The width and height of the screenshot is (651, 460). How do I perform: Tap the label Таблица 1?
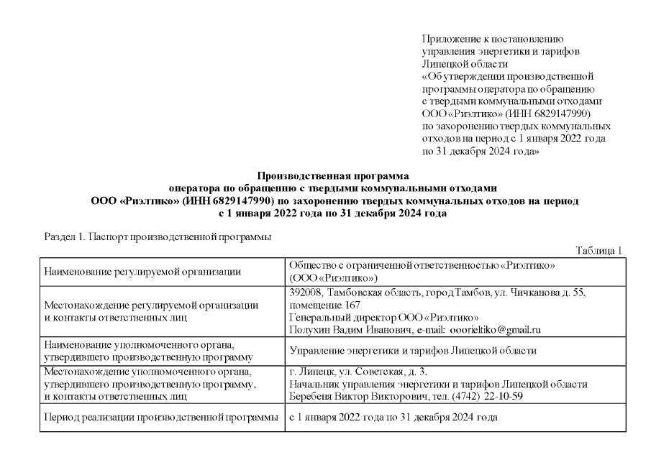(x=600, y=250)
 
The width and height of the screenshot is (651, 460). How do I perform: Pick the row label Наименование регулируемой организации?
(x=142, y=272)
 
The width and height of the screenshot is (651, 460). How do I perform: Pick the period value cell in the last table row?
(x=392, y=418)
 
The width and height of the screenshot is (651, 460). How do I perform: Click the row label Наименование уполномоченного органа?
(x=140, y=344)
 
